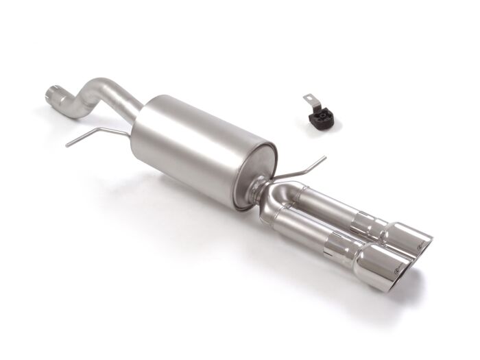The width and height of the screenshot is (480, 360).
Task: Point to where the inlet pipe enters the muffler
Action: [138, 111]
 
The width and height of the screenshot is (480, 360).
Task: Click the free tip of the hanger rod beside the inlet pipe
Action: [69, 144]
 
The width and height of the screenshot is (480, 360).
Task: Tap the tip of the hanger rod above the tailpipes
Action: [324, 158]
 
